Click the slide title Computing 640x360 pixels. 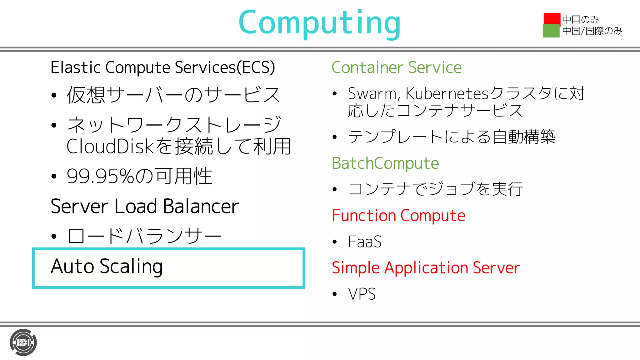click(319, 23)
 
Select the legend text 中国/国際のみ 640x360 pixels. click(592, 31)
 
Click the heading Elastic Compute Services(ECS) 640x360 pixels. click(163, 67)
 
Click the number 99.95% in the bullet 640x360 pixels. click(100, 176)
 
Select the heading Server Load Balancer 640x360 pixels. click(144, 206)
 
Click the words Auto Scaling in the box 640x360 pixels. click(107, 267)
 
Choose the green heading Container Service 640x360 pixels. click(396, 67)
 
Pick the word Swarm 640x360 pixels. click(372, 93)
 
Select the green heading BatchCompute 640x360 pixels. click(385, 163)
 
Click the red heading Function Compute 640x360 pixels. click(398, 216)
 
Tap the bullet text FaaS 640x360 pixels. click(365, 242)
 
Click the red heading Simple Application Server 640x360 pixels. click(426, 268)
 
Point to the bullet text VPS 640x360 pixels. click(362, 294)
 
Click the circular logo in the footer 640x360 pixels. click(23, 342)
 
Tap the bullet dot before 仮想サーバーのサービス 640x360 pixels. click(54, 95)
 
